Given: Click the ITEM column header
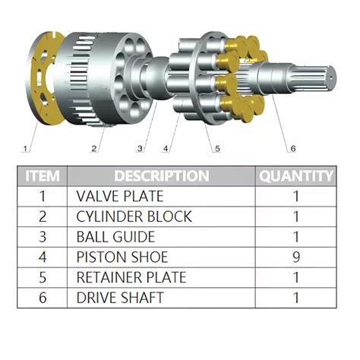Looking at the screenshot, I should coord(43,176).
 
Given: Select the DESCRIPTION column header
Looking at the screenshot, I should coord(162,176).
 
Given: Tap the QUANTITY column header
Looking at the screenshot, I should coord(296,176).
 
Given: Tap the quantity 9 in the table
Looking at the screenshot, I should coord(296,257).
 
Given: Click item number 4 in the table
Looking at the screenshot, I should coord(43,257).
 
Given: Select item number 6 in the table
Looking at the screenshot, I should coord(43,297).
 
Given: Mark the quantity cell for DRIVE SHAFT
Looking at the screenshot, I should coord(296,297).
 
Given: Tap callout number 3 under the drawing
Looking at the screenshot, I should coord(140,147).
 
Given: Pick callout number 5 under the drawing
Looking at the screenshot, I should coord(217,148).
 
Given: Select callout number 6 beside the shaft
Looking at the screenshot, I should coord(292,147).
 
